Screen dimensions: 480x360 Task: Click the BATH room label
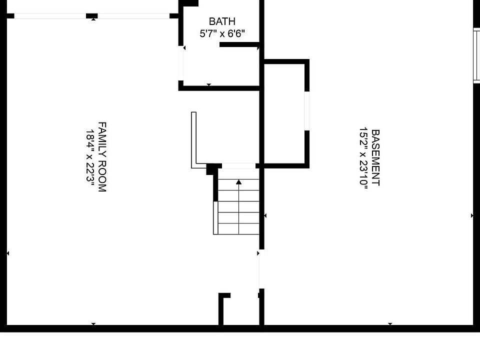(x=222, y=21)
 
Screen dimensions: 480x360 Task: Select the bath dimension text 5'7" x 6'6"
(x=222, y=33)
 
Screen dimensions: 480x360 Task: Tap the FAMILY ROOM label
(x=102, y=156)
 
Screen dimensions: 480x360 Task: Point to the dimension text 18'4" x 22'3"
(x=90, y=156)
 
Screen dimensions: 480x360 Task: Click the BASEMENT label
(x=375, y=157)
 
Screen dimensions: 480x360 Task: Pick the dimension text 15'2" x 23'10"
(x=363, y=158)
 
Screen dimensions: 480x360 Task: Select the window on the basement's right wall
(x=476, y=55)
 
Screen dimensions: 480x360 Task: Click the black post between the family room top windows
(x=92, y=16)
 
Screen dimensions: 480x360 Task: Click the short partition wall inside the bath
(x=239, y=44)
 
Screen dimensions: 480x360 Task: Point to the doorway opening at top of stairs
(x=239, y=166)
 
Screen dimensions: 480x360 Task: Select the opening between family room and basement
(x=261, y=269)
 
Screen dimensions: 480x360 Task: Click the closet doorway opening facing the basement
(x=306, y=111)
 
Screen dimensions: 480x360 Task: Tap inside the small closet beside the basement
(x=284, y=114)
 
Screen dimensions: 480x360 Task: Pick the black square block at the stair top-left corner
(x=210, y=169)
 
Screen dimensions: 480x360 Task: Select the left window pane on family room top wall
(x=50, y=16)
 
